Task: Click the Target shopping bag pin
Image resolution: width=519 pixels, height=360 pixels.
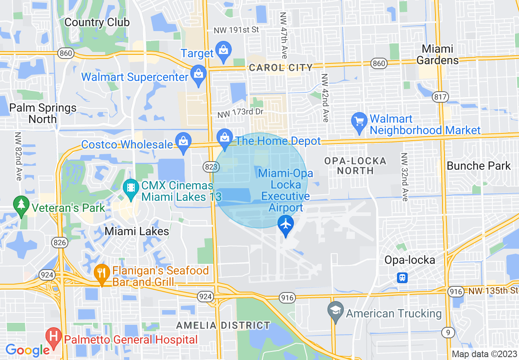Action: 223,51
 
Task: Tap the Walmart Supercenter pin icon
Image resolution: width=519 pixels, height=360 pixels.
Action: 199,74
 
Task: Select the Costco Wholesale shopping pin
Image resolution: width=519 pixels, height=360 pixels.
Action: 183,142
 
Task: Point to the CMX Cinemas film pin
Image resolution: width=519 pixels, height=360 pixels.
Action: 131,188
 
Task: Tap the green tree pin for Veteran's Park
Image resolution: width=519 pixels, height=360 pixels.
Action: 20,205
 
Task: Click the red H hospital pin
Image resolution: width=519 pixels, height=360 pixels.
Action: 53,337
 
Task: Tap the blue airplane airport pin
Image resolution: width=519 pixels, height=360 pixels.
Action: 285,225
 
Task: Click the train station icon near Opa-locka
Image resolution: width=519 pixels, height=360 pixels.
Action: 402,278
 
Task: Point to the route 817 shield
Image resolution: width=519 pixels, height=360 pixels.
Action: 440,97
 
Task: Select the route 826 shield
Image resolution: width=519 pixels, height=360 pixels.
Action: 60,243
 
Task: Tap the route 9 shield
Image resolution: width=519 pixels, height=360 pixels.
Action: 448,333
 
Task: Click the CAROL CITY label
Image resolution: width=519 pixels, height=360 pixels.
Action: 281,67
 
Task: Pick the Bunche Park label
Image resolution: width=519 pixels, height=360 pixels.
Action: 478,166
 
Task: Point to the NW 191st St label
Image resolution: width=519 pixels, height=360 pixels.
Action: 237,30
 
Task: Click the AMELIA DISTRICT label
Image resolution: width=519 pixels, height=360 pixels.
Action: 223,326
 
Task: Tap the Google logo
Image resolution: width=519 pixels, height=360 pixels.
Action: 27,350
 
